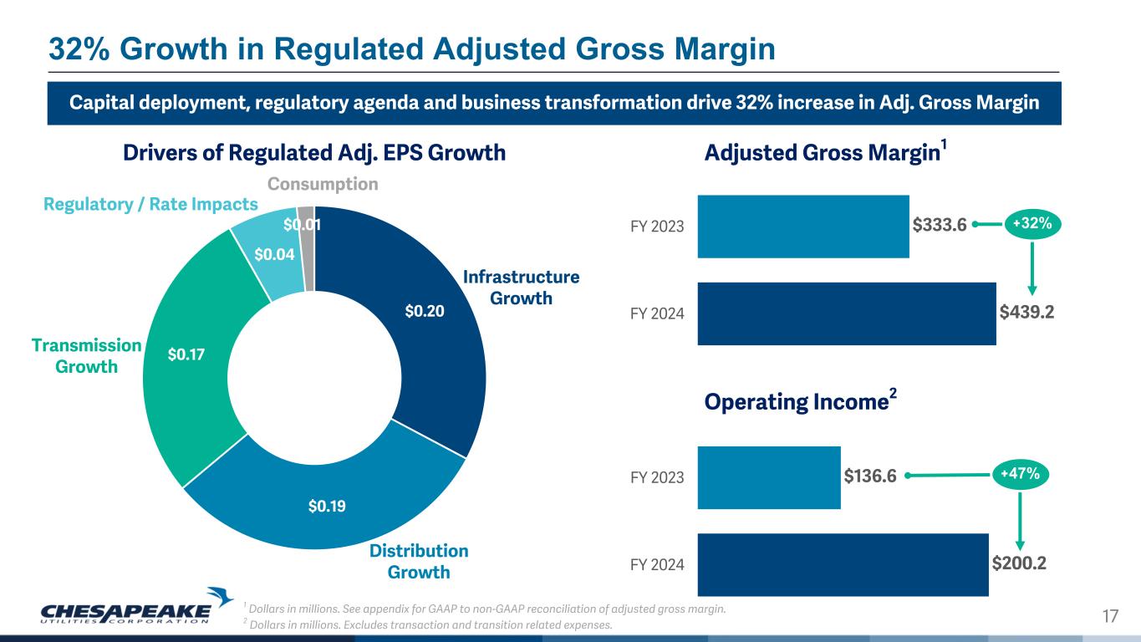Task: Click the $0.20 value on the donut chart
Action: click(x=424, y=312)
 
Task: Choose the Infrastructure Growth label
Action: click(x=521, y=287)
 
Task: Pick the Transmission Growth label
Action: click(x=86, y=356)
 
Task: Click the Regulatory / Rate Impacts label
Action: click(x=150, y=205)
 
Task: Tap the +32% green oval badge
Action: click(x=1031, y=224)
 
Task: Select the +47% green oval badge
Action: click(x=1020, y=475)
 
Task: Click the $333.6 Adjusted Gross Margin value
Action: click(x=940, y=225)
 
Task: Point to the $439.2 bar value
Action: click(x=1026, y=313)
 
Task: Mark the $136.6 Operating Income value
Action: click(x=870, y=476)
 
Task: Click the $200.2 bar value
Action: click(x=1019, y=563)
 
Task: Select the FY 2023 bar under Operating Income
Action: click(x=768, y=477)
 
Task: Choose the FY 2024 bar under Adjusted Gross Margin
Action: click(x=846, y=313)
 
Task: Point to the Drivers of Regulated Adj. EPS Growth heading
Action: click(x=314, y=153)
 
